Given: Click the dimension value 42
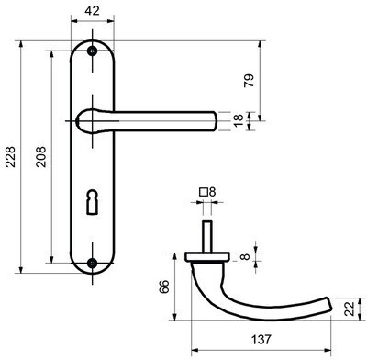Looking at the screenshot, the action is coord(92,11).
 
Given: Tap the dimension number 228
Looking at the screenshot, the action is coord(11,157).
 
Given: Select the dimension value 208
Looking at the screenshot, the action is coord(41,157).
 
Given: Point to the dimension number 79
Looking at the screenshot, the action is coord(250,81).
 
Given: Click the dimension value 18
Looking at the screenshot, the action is coord(239,120).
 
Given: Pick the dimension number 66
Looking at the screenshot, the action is coord(164,287).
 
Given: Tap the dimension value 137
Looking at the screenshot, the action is coord(261,339).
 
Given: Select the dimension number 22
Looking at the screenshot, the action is coord(350,309).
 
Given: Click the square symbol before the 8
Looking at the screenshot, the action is coord(204,192).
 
